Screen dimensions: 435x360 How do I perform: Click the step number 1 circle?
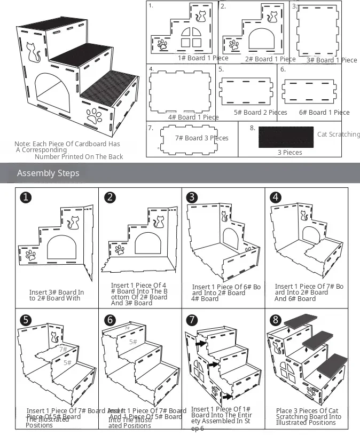pyautogui.click(x=24, y=197)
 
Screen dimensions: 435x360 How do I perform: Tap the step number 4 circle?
pyautogui.click(x=276, y=197)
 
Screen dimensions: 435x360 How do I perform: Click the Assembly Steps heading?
pyautogui.click(x=48, y=173)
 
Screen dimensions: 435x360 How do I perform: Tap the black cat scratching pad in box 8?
pyautogui.click(x=286, y=137)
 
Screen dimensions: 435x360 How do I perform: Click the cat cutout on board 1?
pyautogui.click(x=201, y=17)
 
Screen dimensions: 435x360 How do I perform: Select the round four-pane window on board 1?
pyautogui.click(x=189, y=37)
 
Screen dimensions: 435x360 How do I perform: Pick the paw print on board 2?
pyautogui.click(x=234, y=44)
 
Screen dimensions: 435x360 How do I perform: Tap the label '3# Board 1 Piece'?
pyautogui.click(x=332, y=60)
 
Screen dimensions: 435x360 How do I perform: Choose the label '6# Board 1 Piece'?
pyautogui.click(x=324, y=113)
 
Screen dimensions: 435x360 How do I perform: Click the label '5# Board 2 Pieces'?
pyautogui.click(x=261, y=113)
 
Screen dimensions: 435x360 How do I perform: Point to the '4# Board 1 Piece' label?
pyautogui.click(x=193, y=117)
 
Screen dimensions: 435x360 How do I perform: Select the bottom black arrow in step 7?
pyautogui.click(x=229, y=397)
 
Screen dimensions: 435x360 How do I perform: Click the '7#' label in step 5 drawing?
pyautogui.click(x=63, y=349)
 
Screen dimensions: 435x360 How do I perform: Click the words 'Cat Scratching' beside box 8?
pyautogui.click(x=338, y=135)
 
